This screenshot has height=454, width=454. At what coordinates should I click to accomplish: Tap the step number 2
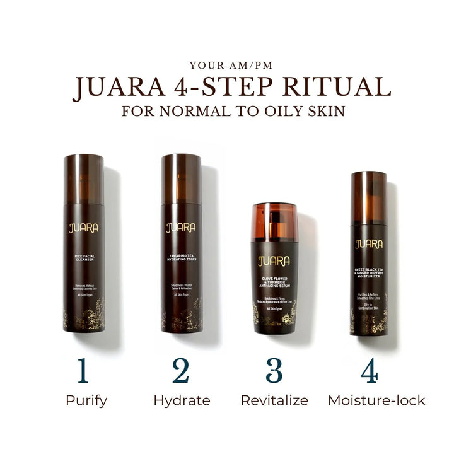tap(180, 372)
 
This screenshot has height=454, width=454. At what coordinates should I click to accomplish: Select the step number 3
tap(274, 372)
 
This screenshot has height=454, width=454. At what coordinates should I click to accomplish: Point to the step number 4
tap(370, 372)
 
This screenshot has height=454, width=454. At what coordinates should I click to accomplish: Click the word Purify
tap(86, 401)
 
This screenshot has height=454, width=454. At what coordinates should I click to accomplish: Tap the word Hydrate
tap(182, 400)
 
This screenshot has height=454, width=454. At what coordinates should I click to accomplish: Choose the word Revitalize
tap(274, 400)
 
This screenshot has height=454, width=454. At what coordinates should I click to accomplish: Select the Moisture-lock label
tap(376, 400)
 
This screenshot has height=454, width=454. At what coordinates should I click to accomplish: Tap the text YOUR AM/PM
tap(226, 64)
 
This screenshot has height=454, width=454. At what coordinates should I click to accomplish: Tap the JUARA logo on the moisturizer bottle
tap(369, 245)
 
